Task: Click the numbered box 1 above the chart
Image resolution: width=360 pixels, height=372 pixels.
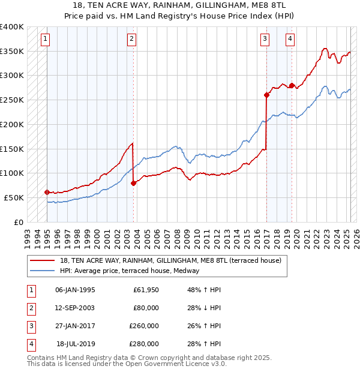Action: pyautogui.click(x=46, y=40)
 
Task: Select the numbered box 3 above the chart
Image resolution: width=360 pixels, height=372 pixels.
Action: pyautogui.click(x=265, y=40)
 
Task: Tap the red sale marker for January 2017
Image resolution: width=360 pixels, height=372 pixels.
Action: pyautogui.click(x=266, y=94)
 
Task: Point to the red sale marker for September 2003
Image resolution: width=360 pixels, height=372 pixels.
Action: pyautogui.click(x=133, y=183)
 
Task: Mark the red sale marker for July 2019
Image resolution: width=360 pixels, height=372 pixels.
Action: pyautogui.click(x=291, y=85)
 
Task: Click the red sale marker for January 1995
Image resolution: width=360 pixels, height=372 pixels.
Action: pyautogui.click(x=47, y=192)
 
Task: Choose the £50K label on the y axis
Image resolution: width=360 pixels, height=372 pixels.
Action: pyautogui.click(x=14, y=197)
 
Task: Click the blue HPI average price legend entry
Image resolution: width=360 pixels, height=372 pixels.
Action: pyautogui.click(x=133, y=271)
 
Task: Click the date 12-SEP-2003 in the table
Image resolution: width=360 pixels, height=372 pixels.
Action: pyautogui.click(x=75, y=308)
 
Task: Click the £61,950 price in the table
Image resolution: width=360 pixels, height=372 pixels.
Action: pyautogui.click(x=146, y=290)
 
